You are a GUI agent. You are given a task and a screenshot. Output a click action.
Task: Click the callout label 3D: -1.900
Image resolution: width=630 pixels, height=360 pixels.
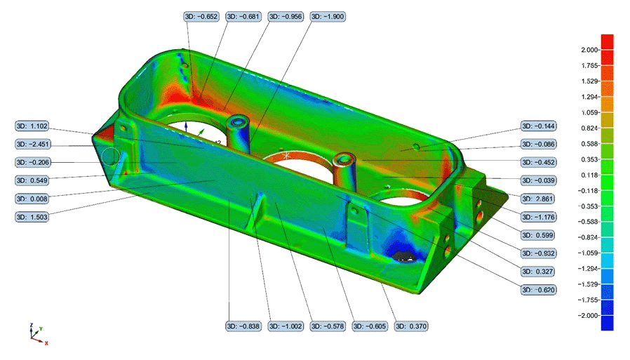(328, 16)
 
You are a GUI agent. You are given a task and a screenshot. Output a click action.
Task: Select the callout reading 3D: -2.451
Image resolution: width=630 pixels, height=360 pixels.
(33, 145)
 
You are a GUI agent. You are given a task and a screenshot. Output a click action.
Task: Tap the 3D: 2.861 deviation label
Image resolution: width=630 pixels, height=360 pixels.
(538, 199)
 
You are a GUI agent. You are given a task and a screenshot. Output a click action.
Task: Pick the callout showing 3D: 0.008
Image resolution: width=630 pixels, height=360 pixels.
(32, 199)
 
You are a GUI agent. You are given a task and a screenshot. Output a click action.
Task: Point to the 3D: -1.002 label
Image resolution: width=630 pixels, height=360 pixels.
(286, 326)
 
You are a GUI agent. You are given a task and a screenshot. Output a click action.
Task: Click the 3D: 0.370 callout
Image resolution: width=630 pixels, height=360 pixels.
(411, 326)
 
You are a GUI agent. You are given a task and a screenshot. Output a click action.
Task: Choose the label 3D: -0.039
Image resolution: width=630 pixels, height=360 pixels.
(538, 180)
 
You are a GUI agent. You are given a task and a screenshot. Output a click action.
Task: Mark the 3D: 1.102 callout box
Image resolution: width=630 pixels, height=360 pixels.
(32, 126)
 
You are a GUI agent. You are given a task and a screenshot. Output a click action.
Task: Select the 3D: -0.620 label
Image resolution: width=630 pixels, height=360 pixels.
(538, 290)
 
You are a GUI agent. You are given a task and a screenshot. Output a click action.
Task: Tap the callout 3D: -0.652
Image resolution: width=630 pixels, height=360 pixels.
(201, 16)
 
